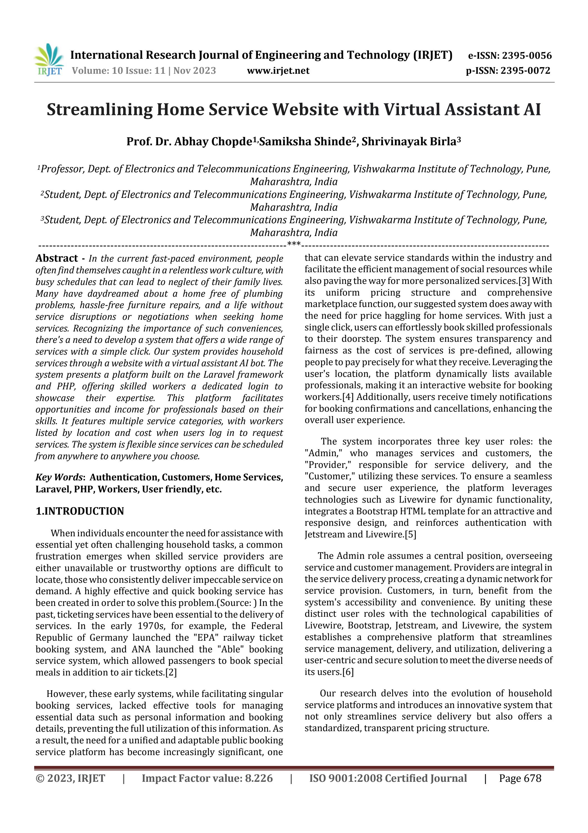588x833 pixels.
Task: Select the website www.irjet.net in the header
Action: pos(278,71)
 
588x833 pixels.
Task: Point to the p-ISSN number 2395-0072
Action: pos(525,71)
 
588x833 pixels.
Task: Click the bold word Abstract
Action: pos(56,258)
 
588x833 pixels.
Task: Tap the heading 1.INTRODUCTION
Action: pos(80,511)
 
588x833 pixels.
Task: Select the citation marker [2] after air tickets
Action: pos(171,672)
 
